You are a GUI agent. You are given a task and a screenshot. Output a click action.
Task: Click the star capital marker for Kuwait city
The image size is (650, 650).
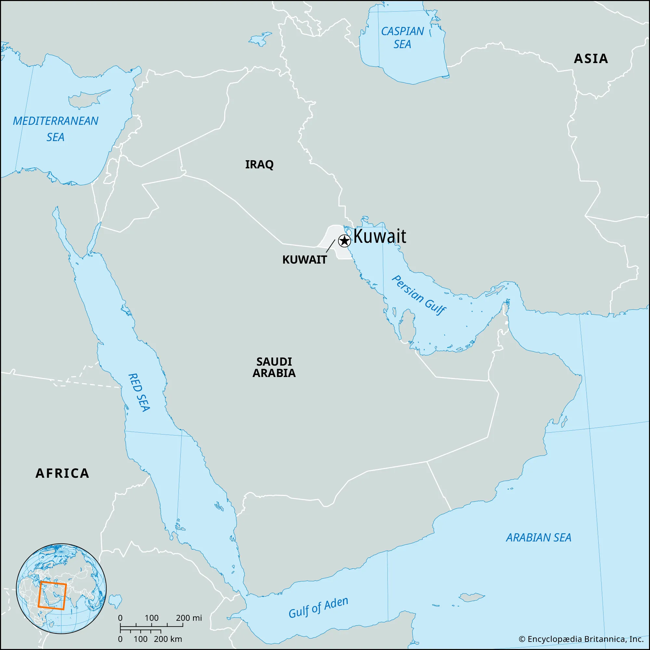(344, 240)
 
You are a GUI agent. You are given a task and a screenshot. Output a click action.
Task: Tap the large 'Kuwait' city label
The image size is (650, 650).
(380, 236)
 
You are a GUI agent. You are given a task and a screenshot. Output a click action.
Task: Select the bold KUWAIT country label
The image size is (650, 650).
(305, 260)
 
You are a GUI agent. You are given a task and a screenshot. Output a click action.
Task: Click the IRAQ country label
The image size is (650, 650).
(259, 164)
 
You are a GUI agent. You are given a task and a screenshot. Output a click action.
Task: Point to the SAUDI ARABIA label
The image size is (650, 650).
(274, 367)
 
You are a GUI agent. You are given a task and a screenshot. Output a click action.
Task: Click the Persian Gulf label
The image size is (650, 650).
(419, 295)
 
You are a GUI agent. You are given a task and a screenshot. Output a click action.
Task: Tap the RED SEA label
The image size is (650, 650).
(139, 392)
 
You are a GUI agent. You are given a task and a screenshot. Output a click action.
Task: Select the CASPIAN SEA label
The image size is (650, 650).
(402, 38)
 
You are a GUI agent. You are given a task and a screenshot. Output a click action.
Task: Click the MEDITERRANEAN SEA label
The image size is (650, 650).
(56, 129)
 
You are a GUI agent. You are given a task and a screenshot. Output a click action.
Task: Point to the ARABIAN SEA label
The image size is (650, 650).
(539, 538)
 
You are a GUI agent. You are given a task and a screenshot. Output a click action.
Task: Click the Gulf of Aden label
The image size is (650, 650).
(318, 608)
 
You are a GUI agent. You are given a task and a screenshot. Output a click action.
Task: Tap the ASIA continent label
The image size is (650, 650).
(591, 59)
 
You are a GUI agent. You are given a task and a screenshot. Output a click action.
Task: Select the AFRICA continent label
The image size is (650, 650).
(63, 474)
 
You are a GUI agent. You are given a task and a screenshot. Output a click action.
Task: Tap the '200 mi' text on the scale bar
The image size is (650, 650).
(189, 618)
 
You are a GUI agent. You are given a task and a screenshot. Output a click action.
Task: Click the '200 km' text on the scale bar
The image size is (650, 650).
(168, 639)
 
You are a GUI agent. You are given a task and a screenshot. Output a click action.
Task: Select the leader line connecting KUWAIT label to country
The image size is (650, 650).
(331, 246)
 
